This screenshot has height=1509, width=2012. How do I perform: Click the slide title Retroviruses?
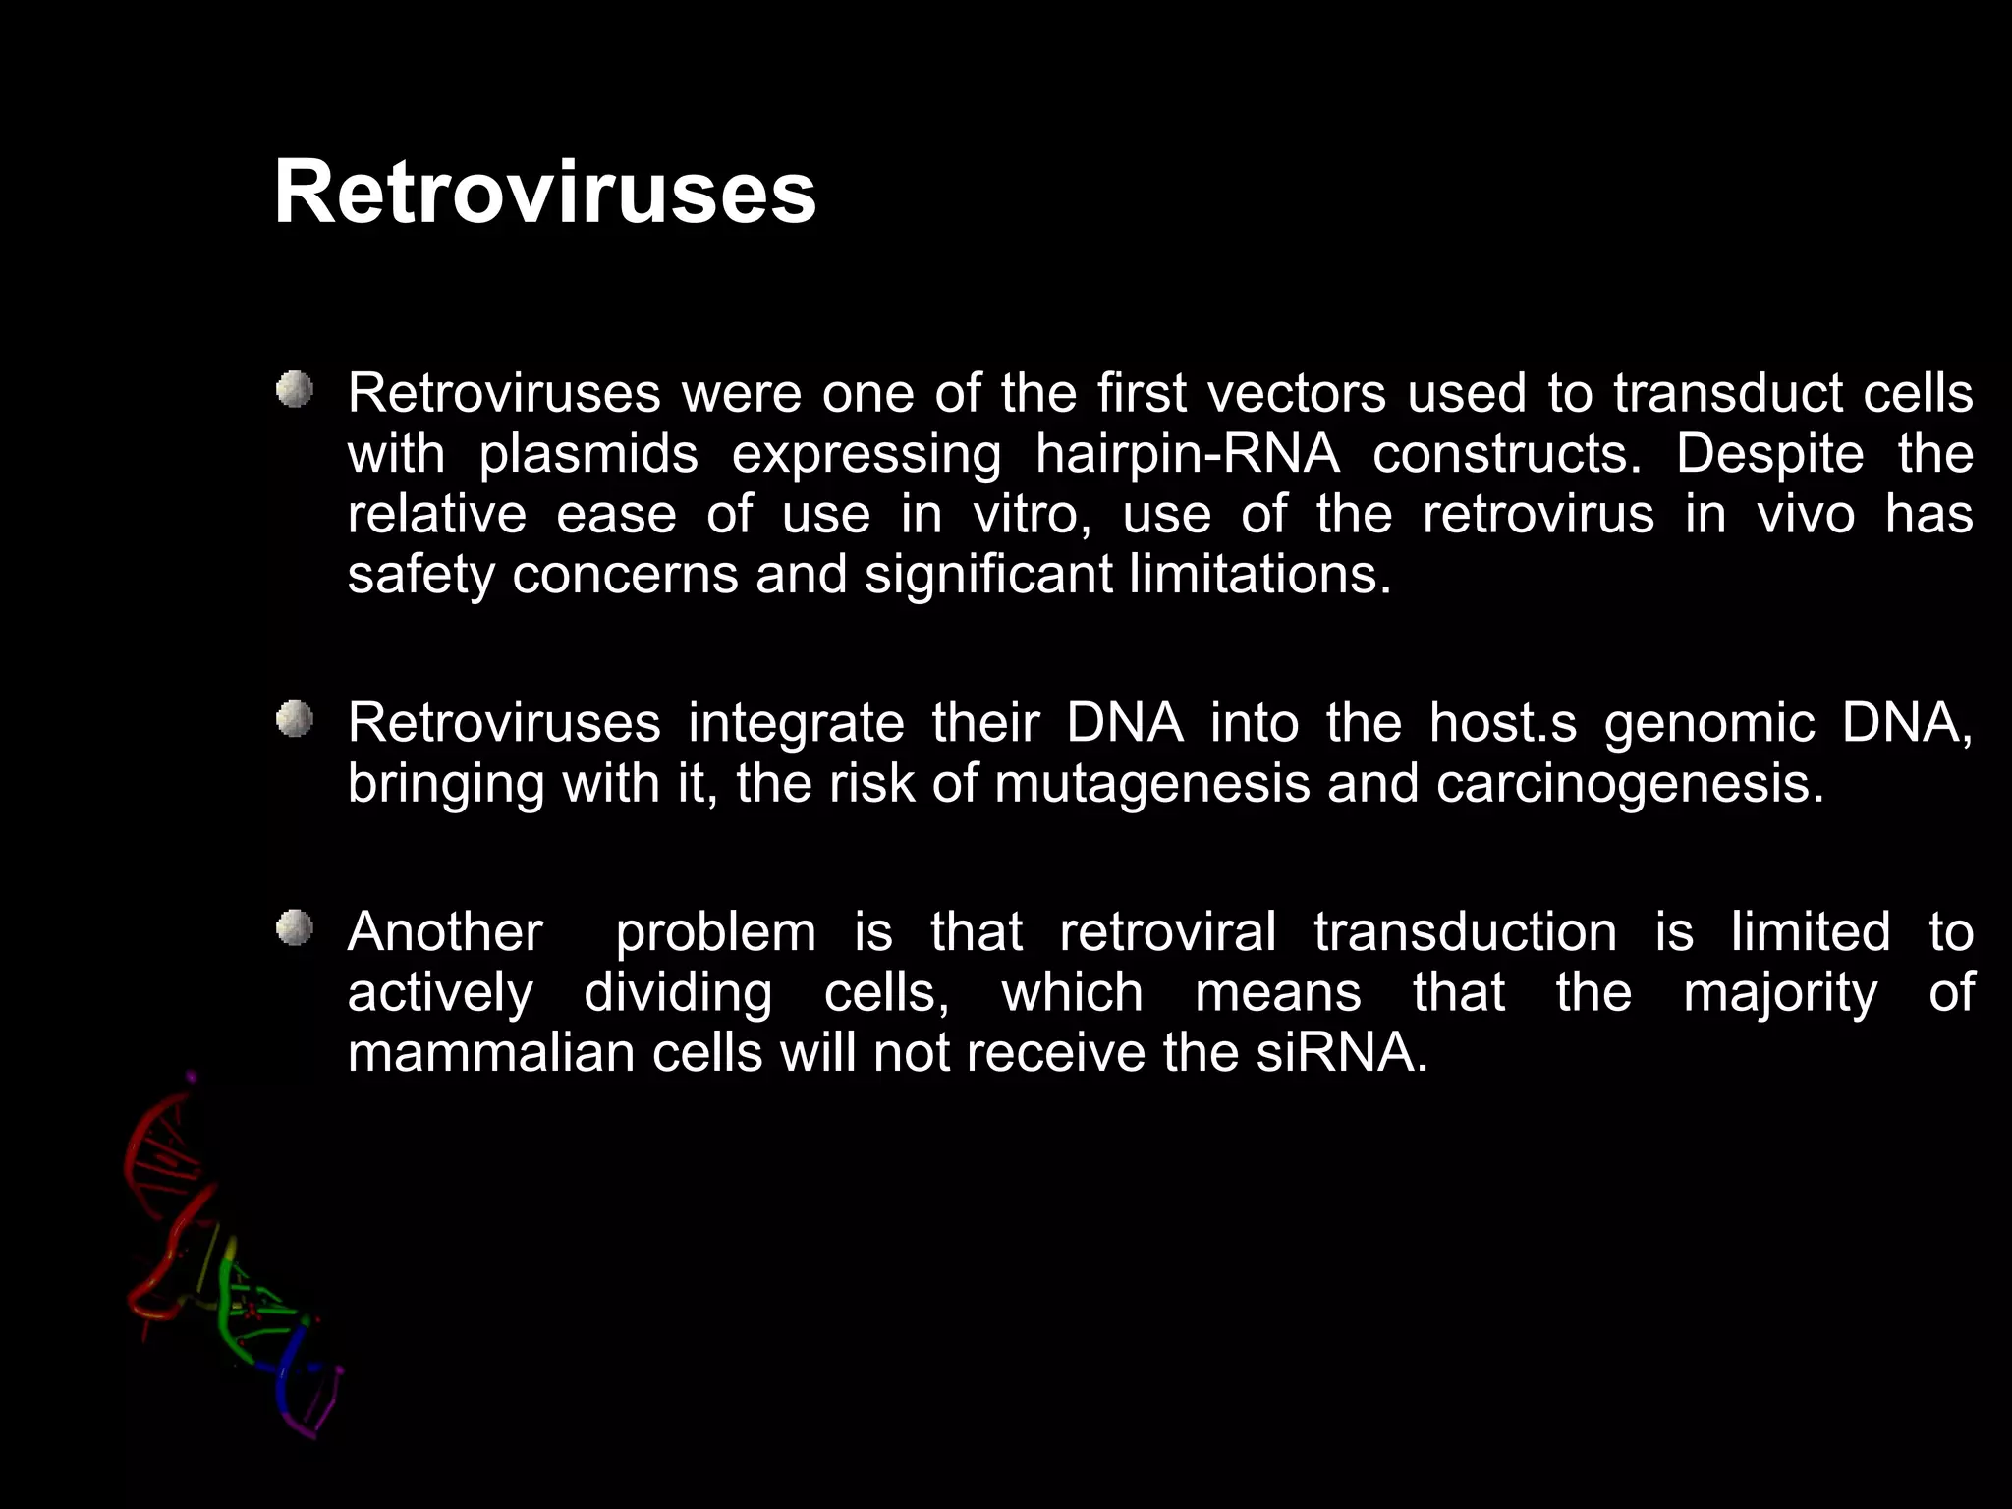click(x=544, y=192)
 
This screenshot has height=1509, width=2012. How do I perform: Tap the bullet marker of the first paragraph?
click(x=294, y=390)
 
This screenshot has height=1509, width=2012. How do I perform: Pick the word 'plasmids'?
click(x=588, y=455)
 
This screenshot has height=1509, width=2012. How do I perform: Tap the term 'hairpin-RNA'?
click(x=1187, y=455)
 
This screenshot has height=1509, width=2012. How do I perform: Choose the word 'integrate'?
click(x=796, y=725)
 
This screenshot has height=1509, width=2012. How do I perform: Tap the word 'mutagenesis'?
click(x=1151, y=785)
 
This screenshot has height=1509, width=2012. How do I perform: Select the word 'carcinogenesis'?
click(x=1629, y=785)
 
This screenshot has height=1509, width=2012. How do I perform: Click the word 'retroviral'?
click(x=1168, y=932)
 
